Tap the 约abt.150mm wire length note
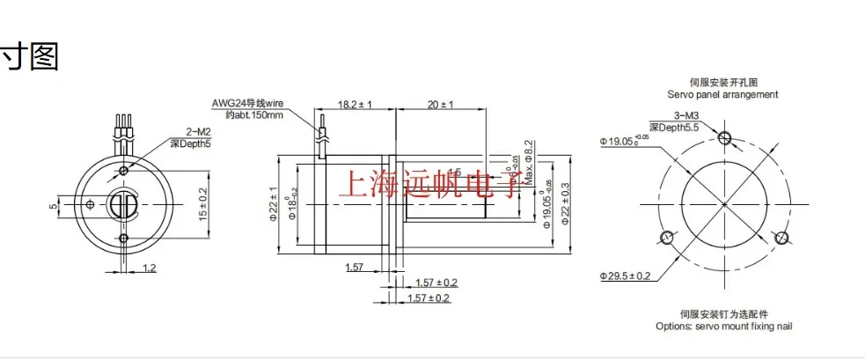[248, 114]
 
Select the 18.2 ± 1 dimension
[356, 104]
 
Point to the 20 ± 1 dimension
[439, 104]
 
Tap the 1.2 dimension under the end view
[149, 267]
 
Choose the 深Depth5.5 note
[678, 129]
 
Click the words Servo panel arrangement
[722, 94]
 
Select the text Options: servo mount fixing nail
[723, 326]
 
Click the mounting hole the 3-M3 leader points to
[724, 137]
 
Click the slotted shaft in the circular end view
[124, 204]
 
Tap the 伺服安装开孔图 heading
[722, 82]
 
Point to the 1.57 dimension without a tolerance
[355, 267]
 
